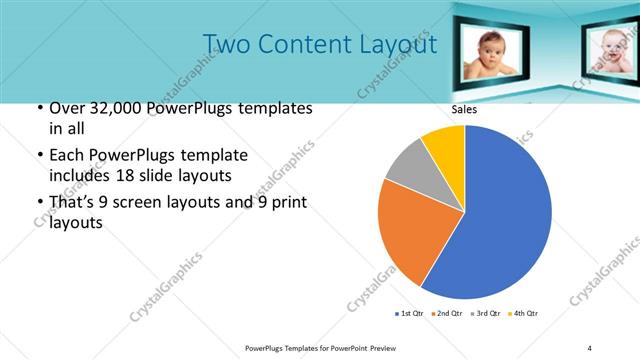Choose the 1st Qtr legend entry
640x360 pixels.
coord(411,314)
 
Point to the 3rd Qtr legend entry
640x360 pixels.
coord(487,314)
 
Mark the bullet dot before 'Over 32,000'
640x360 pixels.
coord(38,109)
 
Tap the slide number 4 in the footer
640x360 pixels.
coord(590,347)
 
